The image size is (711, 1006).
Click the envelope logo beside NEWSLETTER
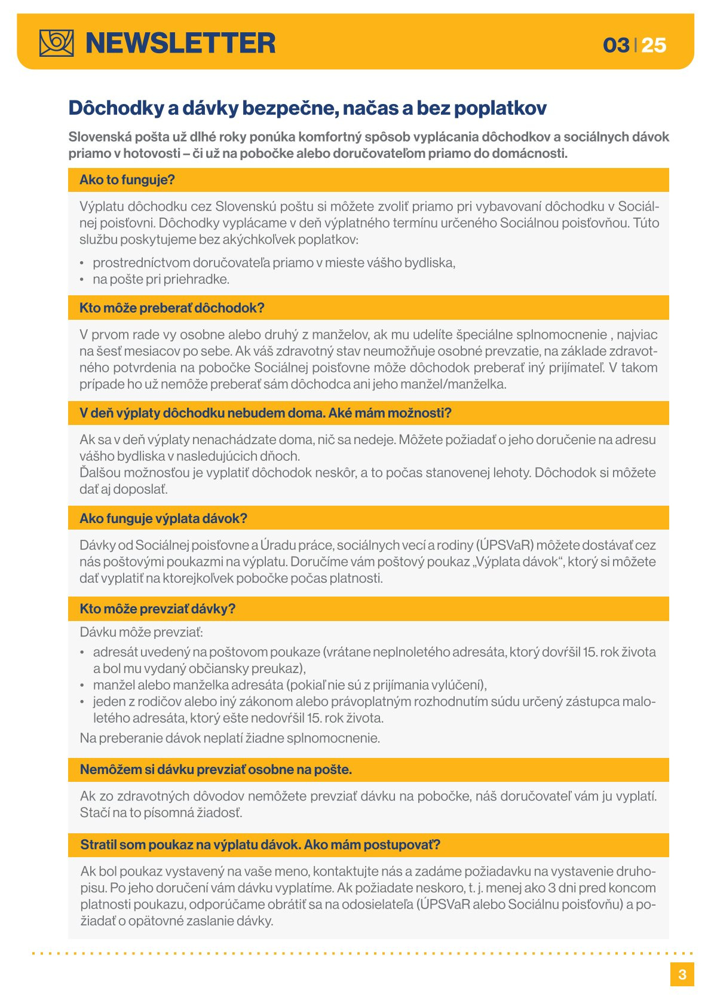coord(57,43)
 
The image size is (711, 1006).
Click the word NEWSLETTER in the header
coord(180,43)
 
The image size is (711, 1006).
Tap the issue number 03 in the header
coord(616,45)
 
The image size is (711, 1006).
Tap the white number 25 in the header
coord(654,45)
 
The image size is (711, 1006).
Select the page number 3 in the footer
coord(682,974)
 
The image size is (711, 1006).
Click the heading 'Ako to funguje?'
coord(127,180)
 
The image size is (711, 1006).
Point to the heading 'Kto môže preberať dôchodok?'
coord(172,308)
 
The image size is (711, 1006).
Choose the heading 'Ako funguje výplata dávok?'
coord(163,518)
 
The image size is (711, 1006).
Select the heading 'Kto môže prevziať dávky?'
coord(158,609)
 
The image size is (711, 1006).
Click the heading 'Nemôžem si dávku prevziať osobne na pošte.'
coord(216,769)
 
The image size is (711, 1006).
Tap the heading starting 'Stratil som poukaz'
coord(260,845)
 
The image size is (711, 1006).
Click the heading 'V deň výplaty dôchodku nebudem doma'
coord(265,413)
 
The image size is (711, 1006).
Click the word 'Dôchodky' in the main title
coord(115,108)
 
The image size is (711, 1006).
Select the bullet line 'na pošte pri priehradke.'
coord(161,279)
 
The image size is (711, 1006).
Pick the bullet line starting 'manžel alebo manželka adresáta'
coord(290,685)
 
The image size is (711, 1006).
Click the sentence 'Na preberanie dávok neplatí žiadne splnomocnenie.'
coord(230,738)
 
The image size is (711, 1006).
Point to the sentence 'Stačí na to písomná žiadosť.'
coord(161,813)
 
